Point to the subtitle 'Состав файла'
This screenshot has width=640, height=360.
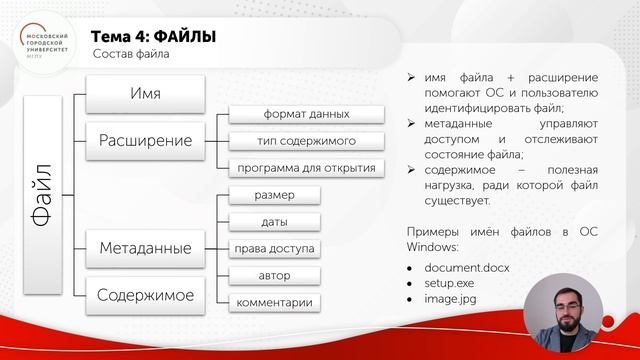(x=130, y=55)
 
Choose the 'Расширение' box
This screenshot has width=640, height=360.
(x=146, y=140)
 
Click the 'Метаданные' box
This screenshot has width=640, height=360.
(x=146, y=245)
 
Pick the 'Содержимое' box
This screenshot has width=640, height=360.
(x=146, y=293)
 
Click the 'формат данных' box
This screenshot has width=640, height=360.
(x=306, y=115)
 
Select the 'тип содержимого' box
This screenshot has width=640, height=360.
(x=306, y=140)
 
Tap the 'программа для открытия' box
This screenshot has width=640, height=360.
(x=306, y=166)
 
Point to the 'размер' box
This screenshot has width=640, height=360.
(x=274, y=195)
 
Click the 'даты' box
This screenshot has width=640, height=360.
(x=274, y=221)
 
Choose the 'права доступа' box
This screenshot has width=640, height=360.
(x=274, y=248)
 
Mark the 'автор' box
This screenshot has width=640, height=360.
(x=274, y=274)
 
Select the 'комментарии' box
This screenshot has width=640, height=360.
(x=274, y=302)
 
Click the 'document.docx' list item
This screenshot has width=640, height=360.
(x=466, y=268)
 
